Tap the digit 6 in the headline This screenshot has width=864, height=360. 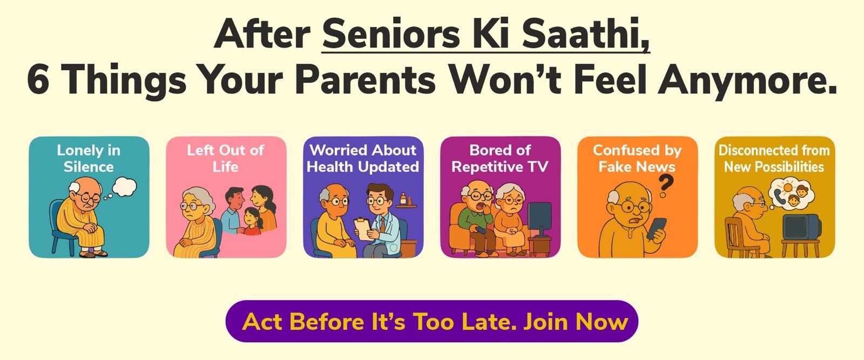pos(38,80)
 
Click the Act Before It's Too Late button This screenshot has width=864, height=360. pos(432,321)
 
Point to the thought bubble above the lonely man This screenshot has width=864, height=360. pos(124,187)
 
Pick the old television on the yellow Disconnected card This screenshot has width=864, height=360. pos(801,227)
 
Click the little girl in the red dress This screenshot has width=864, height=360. pos(253,221)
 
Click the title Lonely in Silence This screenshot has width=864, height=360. pos(89,159)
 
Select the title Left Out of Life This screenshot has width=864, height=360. pos(226,159)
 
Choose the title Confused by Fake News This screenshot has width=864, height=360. pos(637,159)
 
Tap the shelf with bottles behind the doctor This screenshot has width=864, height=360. pos(406,202)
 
